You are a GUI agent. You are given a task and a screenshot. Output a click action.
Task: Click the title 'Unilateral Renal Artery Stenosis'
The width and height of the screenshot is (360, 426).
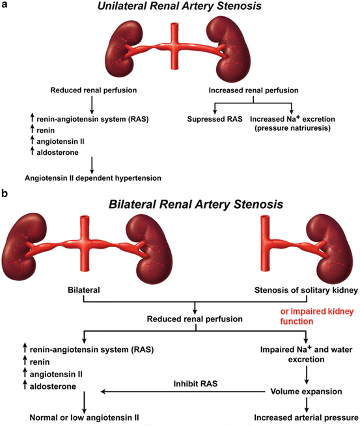pyautogui.click(x=179, y=8)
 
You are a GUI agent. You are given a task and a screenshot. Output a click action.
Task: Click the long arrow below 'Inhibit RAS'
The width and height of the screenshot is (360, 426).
pyautogui.click(x=182, y=392)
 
